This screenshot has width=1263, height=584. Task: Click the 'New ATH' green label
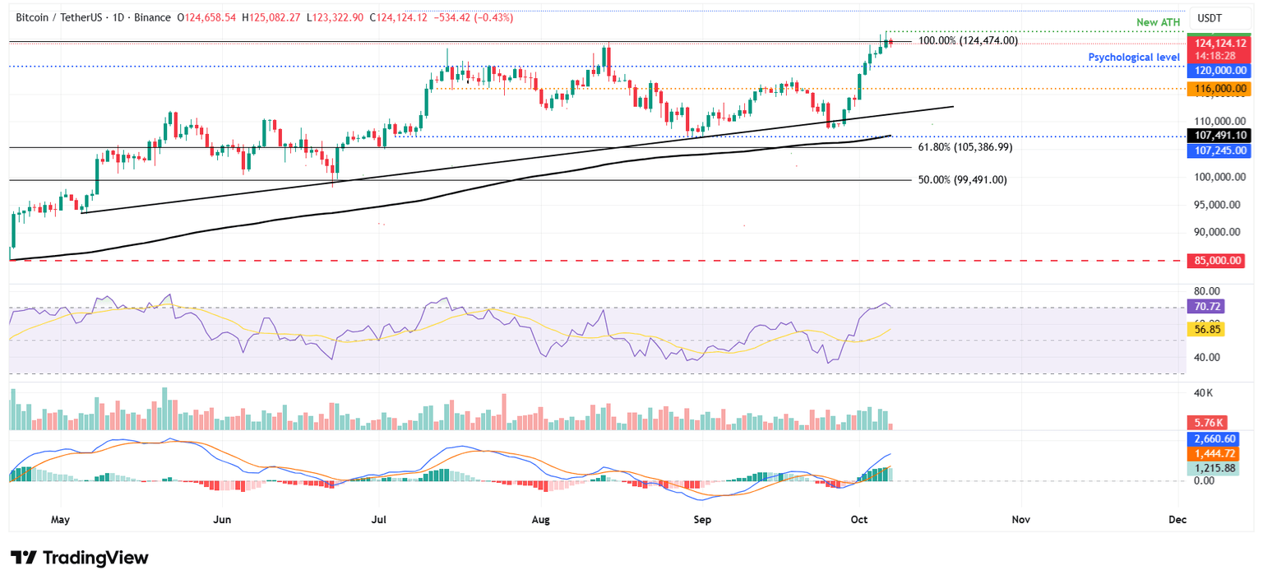coord(1159,21)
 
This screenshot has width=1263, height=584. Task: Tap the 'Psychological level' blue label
coord(1134,57)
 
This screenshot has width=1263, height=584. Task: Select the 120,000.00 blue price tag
coord(1217,71)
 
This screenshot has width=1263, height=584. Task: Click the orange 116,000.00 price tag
coord(1217,88)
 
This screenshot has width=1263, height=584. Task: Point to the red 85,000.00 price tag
coord(1217,261)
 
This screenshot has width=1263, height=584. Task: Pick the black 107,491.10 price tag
coord(1217,135)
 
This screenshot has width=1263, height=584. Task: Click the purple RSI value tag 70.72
coord(1205,306)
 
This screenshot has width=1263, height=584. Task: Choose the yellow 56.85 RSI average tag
coord(1205,329)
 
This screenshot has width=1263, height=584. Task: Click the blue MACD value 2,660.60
coord(1217,439)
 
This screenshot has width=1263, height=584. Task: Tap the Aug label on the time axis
coord(539,520)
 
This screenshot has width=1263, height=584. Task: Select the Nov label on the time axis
coord(1020,520)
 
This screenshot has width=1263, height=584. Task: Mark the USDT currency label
coord(1210,18)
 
